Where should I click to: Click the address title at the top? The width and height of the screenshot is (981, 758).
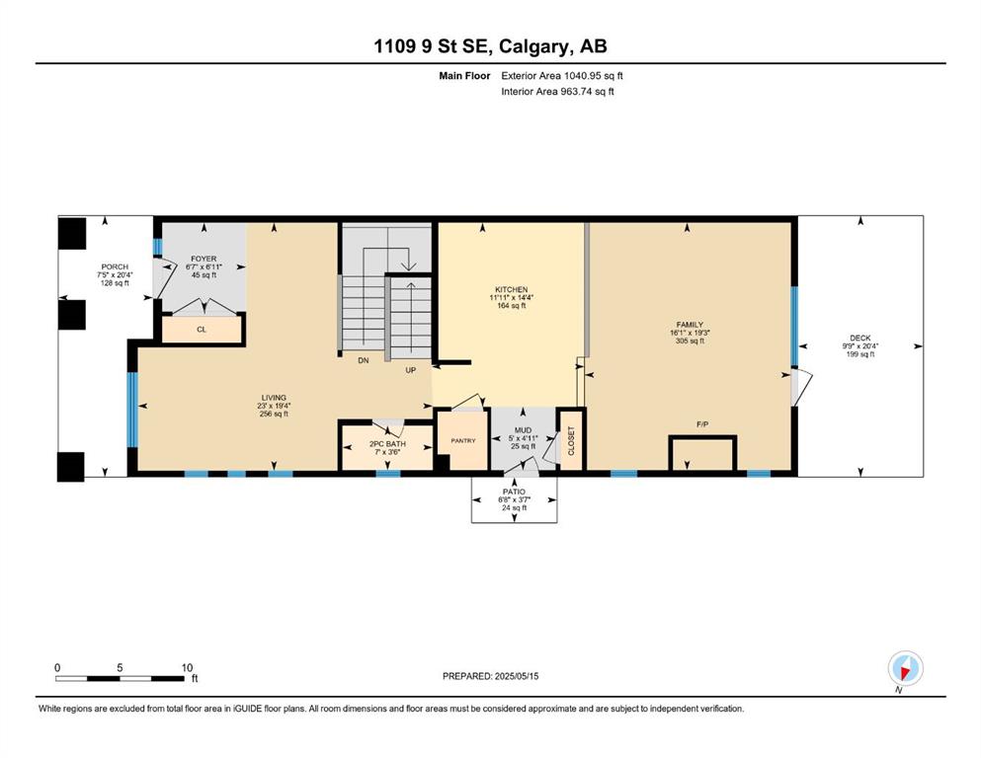[490, 46]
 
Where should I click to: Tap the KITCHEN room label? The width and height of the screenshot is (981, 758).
[511, 289]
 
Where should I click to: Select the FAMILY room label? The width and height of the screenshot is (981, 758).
[690, 325]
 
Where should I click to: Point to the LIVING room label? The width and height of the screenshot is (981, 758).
[274, 398]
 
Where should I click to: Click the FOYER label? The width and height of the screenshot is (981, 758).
[204, 259]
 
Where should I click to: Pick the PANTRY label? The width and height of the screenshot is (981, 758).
[463, 440]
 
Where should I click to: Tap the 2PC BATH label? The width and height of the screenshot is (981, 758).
[387, 444]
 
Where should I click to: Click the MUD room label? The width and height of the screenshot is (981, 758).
[523, 430]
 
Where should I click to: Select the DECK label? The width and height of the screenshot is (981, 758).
[860, 339]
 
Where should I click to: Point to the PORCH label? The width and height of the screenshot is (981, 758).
[115, 266]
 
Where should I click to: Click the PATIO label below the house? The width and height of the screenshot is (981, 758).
[514, 492]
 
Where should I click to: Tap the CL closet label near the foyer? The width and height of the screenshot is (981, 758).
[202, 330]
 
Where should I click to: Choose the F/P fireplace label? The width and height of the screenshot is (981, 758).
[702, 424]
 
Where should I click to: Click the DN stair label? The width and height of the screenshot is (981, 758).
[363, 360]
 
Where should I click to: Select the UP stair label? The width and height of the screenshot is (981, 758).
[410, 370]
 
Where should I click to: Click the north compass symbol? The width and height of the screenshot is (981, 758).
[905, 668]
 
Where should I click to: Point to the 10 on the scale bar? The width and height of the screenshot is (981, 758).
[187, 667]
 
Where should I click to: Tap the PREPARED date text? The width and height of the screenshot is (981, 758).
[490, 676]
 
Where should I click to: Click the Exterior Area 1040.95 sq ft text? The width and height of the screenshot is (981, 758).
[562, 76]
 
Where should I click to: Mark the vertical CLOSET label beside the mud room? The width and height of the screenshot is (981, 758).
[571, 440]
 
